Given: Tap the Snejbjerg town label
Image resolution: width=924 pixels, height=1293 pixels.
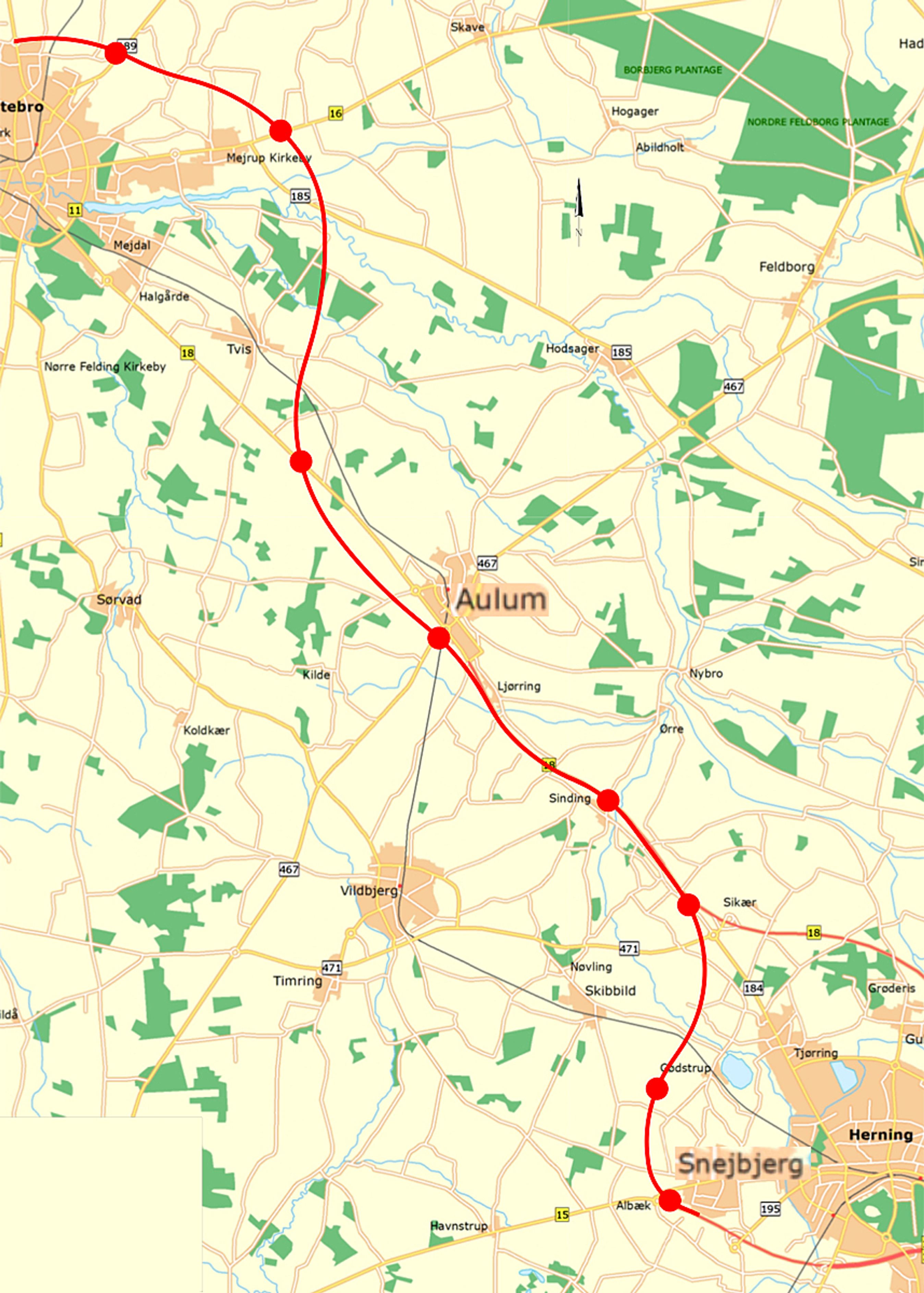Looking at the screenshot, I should pos(740,1164).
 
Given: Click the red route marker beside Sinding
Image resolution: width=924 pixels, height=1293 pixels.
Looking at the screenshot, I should pos(608,800).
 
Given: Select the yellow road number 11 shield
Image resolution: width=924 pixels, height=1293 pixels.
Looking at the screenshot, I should pos(74,210).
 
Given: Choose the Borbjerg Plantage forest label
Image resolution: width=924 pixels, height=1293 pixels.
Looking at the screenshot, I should pos(672,70).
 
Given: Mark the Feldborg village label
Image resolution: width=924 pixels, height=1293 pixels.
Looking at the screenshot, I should pos(786,267).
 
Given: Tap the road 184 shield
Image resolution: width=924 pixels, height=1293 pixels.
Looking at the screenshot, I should pos(753,988).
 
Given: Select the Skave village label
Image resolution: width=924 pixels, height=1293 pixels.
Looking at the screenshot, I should pos(467,27).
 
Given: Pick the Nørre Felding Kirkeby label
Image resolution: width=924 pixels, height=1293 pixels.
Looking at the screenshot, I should pos(105,367).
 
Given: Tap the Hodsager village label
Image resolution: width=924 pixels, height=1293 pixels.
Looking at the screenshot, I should pos(572,349).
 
